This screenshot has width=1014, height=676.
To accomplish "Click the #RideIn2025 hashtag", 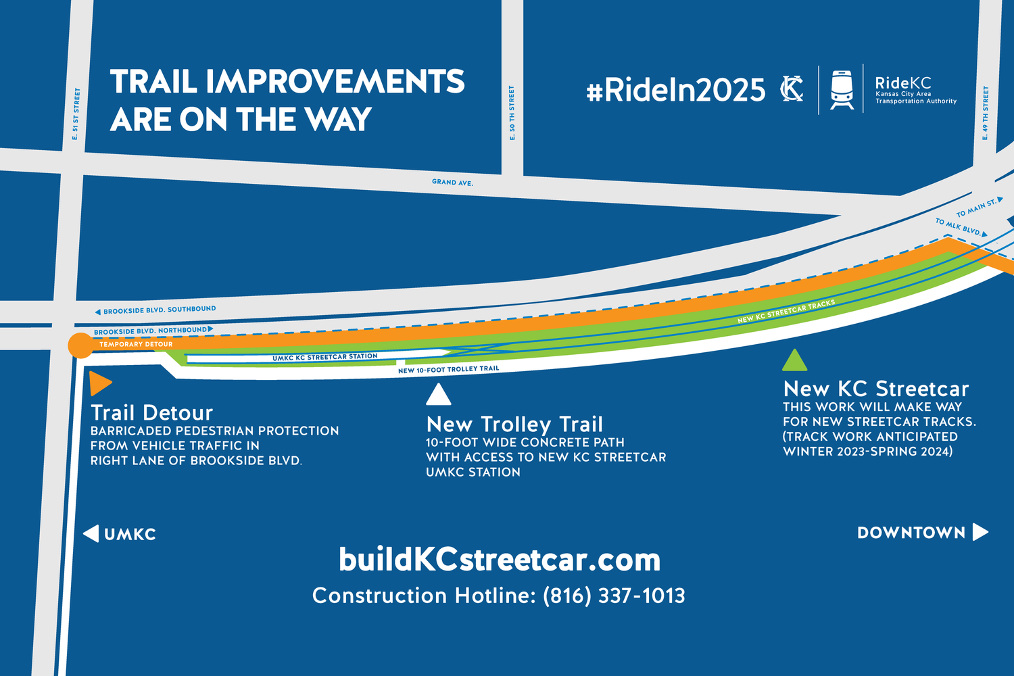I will click(675, 90).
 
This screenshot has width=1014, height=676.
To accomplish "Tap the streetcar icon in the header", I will click(841, 89).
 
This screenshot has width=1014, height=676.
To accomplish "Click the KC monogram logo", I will click(792, 89).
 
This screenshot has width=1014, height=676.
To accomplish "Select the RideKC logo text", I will click(903, 83).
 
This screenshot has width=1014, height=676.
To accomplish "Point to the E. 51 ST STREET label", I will click(76, 114).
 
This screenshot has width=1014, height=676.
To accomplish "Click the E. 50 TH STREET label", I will click(512, 113).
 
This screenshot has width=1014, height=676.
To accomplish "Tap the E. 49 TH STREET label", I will click(986, 113).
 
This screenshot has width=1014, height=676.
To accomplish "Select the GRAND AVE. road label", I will click(452, 183).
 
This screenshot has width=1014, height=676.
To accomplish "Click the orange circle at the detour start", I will click(80, 345).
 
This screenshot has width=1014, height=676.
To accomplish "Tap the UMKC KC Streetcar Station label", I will click(324, 357).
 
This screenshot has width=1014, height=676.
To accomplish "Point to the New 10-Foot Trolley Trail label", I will click(448, 370).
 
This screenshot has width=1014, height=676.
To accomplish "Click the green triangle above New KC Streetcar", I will click(794, 362).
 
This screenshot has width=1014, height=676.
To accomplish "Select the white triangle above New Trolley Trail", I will click(438, 395).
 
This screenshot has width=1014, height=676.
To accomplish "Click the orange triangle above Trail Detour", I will click(99, 383).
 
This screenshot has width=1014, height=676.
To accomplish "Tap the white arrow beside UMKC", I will click(91, 533).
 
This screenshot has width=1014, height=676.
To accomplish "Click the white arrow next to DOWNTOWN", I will click(980, 532).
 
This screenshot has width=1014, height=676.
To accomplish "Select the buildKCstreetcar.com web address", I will click(500, 560).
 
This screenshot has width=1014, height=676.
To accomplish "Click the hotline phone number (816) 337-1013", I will click(614, 596).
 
